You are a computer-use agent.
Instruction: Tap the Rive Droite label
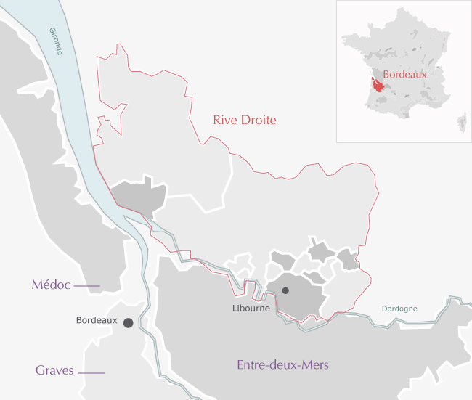tap(245, 120)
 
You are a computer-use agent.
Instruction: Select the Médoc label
tap(51, 285)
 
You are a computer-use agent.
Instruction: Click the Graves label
tap(54, 371)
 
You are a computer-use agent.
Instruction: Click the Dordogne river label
tap(399, 309)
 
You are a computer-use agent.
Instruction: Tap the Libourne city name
tap(251, 308)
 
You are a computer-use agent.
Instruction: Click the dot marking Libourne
tap(285, 290)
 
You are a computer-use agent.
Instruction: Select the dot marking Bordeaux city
tap(129, 322)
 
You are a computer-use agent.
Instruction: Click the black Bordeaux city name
tap(96, 320)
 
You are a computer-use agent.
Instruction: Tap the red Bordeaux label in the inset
tap(404, 74)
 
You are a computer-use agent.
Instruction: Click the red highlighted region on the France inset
tap(376, 83)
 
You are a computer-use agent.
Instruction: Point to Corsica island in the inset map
tap(461, 122)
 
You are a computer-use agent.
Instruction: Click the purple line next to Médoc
tap(86, 287)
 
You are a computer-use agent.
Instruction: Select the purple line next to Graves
tap(91, 372)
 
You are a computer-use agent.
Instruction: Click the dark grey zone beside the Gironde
tap(139, 196)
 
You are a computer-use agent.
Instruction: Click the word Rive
tap(224, 120)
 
